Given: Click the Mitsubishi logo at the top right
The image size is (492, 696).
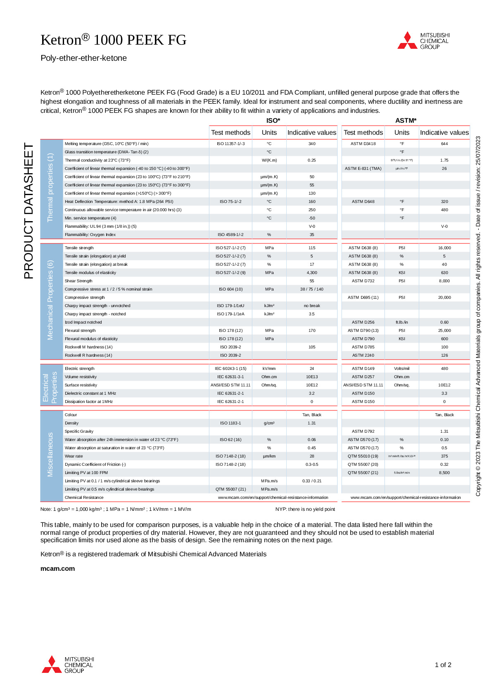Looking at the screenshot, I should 423,41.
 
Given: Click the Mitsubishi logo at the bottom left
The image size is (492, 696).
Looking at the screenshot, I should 68,665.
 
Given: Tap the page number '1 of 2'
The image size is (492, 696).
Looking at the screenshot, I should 443,665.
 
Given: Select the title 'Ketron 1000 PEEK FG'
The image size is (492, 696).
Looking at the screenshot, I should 113,40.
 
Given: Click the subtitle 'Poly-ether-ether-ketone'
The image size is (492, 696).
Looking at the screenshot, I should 83,58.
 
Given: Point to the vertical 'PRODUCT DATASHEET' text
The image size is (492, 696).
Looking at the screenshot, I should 29,211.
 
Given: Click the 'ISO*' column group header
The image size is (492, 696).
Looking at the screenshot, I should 273,120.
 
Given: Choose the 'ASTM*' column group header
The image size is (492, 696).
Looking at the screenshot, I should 406,120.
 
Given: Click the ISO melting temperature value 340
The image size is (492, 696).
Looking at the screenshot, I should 311,144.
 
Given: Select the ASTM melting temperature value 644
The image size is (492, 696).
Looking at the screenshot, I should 444,144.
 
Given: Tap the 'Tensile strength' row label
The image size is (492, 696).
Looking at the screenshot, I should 79,248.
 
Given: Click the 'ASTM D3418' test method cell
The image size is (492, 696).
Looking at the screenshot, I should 363,144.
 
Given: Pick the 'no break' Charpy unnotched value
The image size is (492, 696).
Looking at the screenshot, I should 311,306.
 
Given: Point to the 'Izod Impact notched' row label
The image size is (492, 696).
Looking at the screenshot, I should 83,322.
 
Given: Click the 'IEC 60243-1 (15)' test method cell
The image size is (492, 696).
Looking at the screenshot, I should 231,369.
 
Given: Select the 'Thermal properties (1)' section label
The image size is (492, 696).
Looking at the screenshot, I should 50,187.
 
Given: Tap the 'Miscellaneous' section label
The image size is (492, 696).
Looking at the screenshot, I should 50,455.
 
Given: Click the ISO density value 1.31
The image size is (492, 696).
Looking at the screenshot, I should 311,423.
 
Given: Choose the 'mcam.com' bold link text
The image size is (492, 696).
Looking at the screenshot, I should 57,569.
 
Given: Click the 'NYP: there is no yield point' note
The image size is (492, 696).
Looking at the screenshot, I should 305,509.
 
